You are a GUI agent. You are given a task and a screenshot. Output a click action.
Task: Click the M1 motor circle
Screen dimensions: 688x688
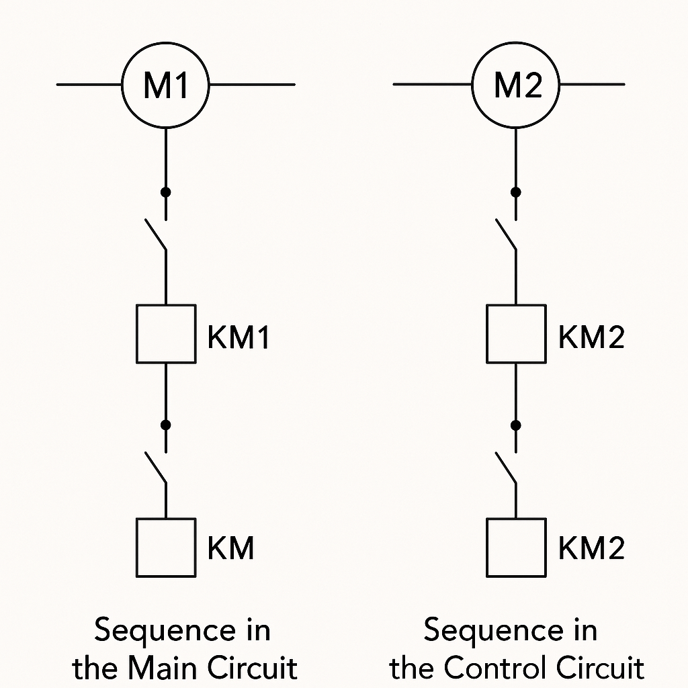166,85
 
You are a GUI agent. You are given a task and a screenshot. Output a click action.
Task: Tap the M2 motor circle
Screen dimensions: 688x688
516,85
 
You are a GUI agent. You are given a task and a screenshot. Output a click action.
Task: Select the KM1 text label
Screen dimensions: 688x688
239,337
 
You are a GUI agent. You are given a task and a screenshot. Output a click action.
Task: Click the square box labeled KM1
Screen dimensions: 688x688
166,334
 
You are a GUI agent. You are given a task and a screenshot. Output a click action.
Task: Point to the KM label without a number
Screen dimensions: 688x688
231,548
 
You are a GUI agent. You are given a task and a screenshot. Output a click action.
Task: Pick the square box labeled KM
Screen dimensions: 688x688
166,548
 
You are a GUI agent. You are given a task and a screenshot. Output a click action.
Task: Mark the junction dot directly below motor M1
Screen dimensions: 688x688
166,192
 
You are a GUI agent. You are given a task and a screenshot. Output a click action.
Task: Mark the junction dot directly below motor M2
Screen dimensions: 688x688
516,192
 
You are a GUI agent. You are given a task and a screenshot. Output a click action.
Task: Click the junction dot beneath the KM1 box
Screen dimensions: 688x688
166,425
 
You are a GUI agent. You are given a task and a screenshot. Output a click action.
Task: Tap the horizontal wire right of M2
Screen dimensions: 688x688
592,85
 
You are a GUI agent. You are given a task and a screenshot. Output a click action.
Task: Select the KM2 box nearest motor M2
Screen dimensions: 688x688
516,334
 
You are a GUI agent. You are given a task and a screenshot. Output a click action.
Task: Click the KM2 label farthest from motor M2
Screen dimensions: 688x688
591,548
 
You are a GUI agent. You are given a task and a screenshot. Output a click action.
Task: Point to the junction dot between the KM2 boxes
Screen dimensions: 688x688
516,425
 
